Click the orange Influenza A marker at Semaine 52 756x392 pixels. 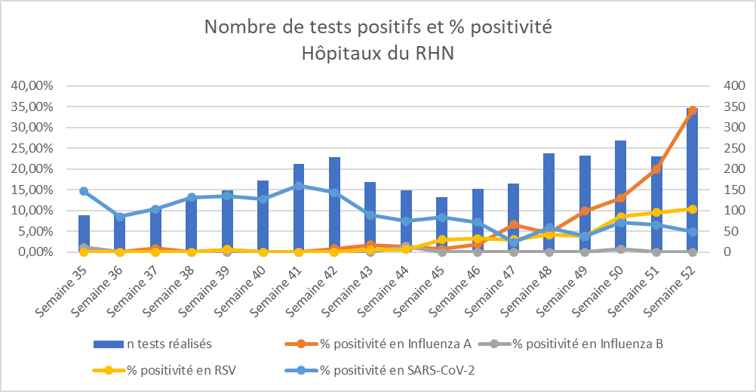[692, 110]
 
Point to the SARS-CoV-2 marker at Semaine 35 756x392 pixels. [84, 191]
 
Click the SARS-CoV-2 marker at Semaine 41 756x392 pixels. [299, 186]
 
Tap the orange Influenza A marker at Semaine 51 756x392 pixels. [656, 168]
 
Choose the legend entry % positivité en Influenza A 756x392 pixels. [385, 344]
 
